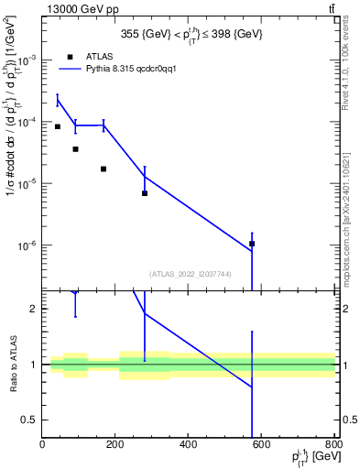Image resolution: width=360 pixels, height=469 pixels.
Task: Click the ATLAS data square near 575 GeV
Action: pyautogui.click(x=252, y=244)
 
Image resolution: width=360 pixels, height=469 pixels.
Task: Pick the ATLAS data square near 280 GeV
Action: pyautogui.click(x=145, y=193)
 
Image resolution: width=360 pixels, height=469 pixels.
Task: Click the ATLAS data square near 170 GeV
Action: pyautogui.click(x=104, y=169)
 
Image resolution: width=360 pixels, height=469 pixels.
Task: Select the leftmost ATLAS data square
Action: pyautogui.click(x=58, y=126)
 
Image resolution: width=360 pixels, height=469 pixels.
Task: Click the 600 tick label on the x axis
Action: pyautogui.click(x=262, y=446)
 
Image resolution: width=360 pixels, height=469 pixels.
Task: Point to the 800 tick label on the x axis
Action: pyautogui.click(x=333, y=446)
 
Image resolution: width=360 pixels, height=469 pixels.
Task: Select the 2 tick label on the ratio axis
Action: pyautogui.click(x=32, y=309)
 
